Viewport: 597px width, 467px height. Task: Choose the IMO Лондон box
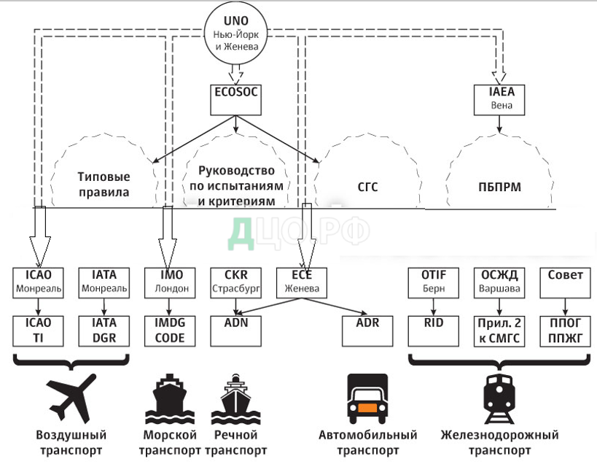[171, 282]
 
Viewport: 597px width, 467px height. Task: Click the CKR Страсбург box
[233, 282]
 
